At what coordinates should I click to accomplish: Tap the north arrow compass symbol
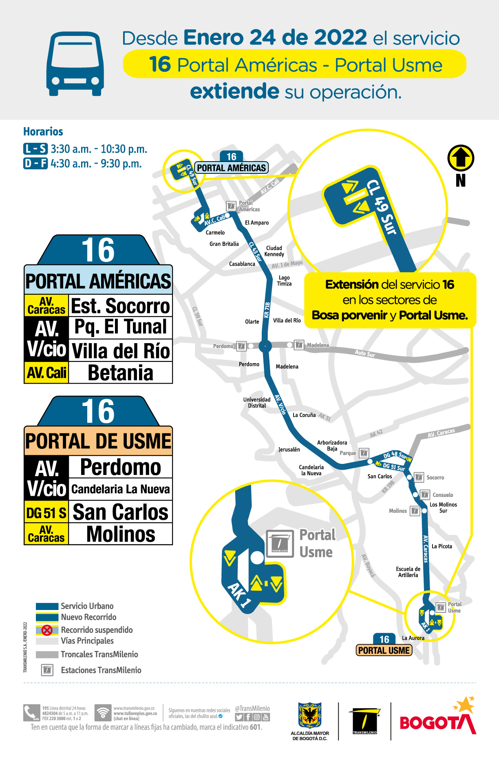click(461, 158)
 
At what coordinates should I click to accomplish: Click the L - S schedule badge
click(35, 149)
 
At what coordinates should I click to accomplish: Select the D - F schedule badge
click(35, 164)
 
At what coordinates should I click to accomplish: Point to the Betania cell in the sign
click(121, 373)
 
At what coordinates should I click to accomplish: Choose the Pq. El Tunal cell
click(121, 327)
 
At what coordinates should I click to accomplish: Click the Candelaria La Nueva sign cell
click(121, 489)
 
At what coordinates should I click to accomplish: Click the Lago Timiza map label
click(284, 281)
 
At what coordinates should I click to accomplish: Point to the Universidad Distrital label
click(257, 403)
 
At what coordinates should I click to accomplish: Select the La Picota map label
click(442, 546)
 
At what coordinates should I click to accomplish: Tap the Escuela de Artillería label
click(408, 572)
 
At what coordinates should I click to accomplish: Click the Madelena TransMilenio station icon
click(299, 345)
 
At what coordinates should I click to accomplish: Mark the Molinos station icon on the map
click(415, 510)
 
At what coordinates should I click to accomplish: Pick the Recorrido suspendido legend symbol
click(47, 630)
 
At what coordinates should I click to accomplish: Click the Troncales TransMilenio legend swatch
click(47, 654)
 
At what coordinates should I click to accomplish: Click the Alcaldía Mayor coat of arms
click(310, 715)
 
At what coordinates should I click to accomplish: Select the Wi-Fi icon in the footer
click(103, 713)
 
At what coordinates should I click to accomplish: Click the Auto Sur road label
click(364, 353)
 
